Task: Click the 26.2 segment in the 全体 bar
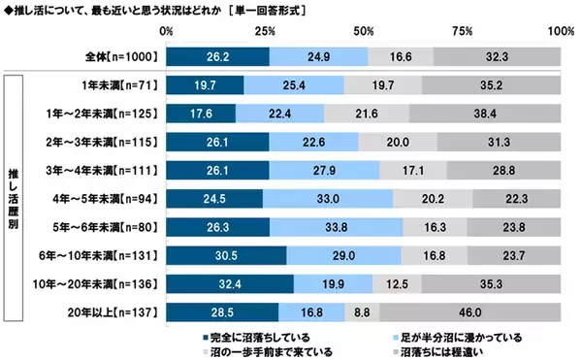tap(218, 57)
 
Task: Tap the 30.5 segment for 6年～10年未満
tap(226, 257)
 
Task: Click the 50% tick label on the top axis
tap(365, 33)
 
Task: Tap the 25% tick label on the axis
tap(266, 33)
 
